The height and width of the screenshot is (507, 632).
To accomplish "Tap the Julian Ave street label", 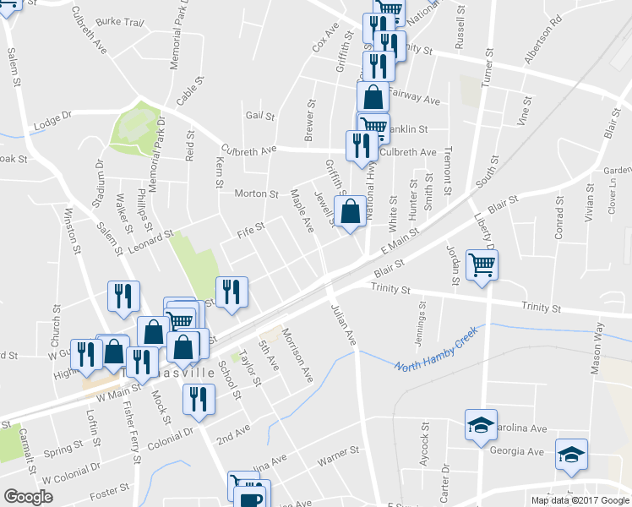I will point(342,323).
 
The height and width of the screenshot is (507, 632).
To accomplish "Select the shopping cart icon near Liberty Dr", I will point(482,266).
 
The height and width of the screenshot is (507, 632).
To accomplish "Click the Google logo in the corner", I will point(28,497).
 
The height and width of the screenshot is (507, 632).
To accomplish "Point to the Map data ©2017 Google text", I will point(580,500).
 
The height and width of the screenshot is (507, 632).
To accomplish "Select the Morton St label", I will point(256,194).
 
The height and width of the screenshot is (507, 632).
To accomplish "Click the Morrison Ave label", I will point(297,355).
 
